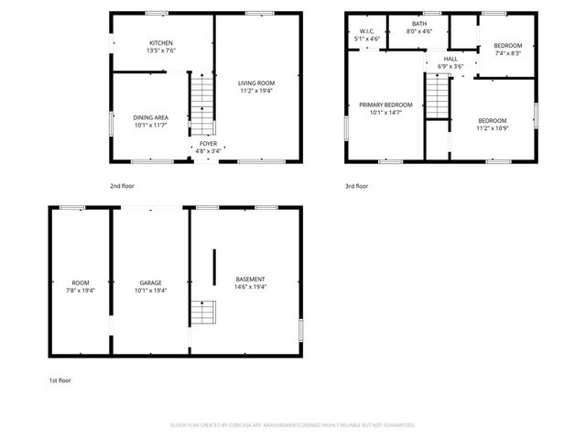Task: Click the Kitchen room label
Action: tap(161, 43)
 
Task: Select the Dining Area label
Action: tap(150, 117)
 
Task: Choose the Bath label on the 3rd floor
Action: tap(419, 24)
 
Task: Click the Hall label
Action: tap(450, 58)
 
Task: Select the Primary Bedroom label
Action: tap(385, 105)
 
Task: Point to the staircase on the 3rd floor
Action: tap(439, 96)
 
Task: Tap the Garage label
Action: tap(150, 282)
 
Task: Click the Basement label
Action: tap(250, 279)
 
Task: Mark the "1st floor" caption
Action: tap(60, 379)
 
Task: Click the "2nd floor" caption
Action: tap(122, 186)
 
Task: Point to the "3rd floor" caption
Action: tap(356, 186)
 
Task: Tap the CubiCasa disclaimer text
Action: tap(292, 425)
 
